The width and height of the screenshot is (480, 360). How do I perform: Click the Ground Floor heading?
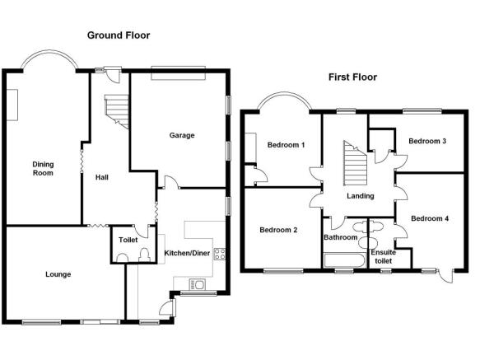click(x=119, y=35)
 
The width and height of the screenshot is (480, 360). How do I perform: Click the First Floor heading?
click(x=352, y=77)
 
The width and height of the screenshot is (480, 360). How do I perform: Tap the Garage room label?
click(x=182, y=135)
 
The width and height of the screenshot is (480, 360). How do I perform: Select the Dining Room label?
click(x=43, y=169)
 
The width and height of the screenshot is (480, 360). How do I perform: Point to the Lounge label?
click(x=58, y=274)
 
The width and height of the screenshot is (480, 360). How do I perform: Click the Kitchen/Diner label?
click(x=187, y=253)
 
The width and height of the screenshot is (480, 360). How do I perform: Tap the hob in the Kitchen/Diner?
click(x=220, y=254)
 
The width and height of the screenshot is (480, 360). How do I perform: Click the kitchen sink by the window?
click(x=198, y=285)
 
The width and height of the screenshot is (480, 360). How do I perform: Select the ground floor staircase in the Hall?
click(x=117, y=111)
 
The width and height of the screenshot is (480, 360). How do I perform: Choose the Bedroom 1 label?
click(x=286, y=145)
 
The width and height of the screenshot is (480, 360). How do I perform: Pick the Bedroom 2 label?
click(x=278, y=230)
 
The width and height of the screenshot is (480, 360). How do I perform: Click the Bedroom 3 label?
click(x=427, y=141)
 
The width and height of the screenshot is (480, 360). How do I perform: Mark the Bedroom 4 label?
click(x=430, y=218)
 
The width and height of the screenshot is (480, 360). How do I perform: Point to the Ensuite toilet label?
click(x=384, y=256)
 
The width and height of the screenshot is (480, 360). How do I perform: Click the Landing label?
click(x=361, y=196)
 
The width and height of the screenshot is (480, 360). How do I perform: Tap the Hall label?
click(x=101, y=177)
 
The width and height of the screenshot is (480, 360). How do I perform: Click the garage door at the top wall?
click(x=178, y=73)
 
